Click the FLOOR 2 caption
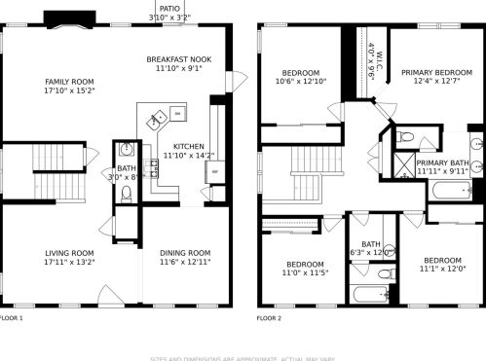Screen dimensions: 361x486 [268, 317]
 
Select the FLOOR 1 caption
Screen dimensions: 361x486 [11, 317]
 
